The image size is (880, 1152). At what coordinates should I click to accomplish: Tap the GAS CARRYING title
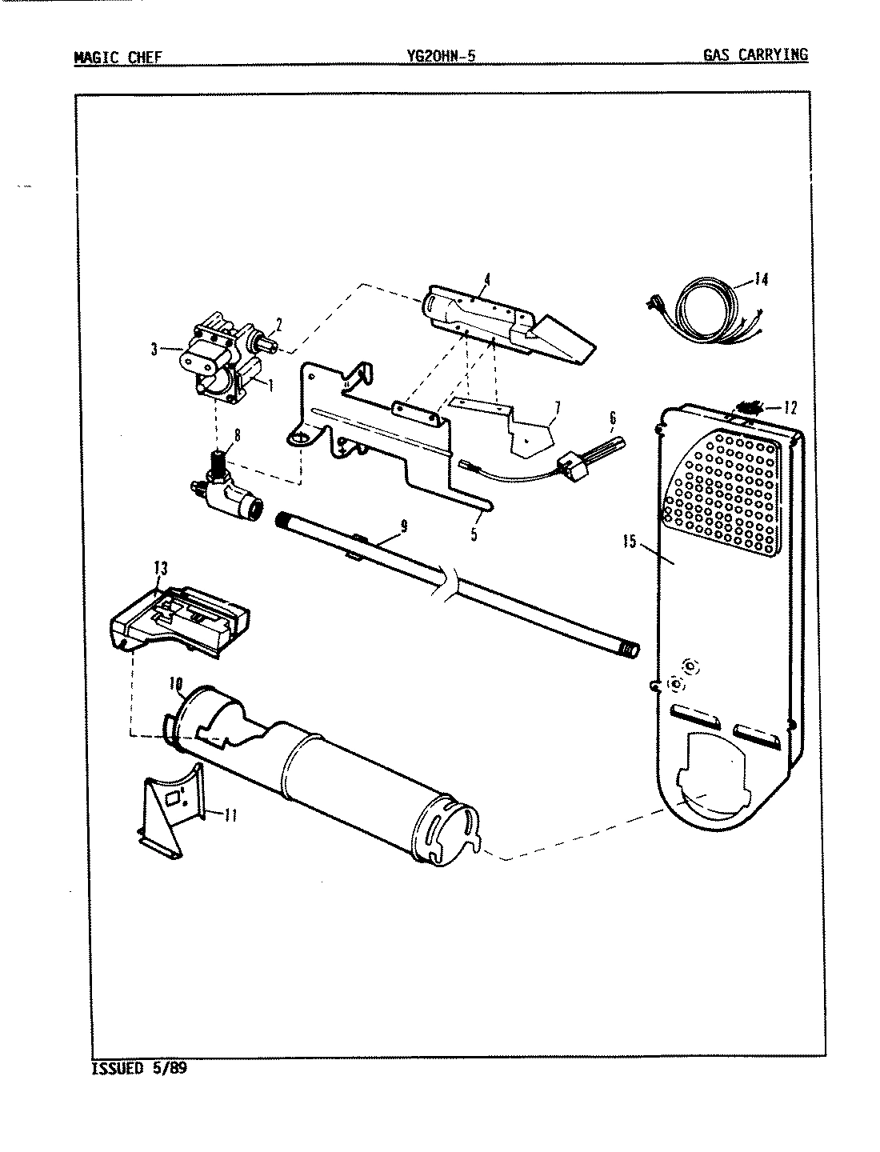point(755,55)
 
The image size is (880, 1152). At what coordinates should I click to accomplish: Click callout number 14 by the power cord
point(760,280)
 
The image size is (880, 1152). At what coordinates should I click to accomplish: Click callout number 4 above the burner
point(486,279)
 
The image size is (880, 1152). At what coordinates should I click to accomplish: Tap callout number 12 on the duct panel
point(790,408)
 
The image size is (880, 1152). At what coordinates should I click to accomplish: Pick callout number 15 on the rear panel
point(630,542)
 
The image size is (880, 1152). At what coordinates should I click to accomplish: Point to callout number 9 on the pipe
point(403,526)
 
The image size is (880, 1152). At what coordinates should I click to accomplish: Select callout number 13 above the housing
point(161,568)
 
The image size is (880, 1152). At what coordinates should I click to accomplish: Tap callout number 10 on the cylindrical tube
point(175,684)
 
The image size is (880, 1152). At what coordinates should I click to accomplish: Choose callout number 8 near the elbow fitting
point(236,437)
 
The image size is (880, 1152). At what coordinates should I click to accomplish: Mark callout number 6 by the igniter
point(612,417)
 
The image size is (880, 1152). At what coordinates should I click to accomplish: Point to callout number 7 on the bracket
point(557,408)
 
